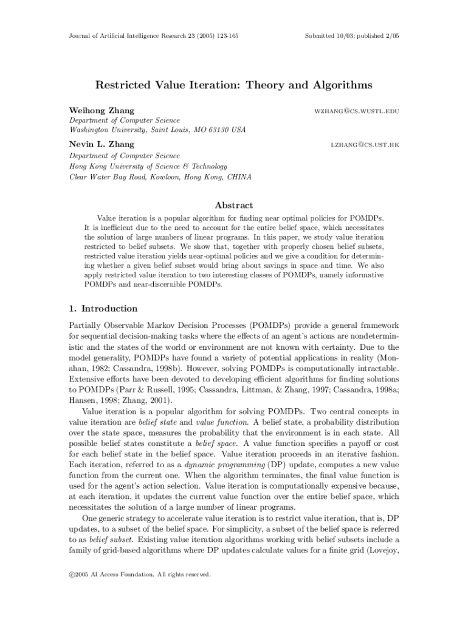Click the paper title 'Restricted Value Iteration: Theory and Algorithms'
click(x=233, y=86)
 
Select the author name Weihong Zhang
click(x=102, y=110)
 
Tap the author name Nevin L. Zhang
click(x=102, y=144)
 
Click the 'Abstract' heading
click(x=233, y=205)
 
